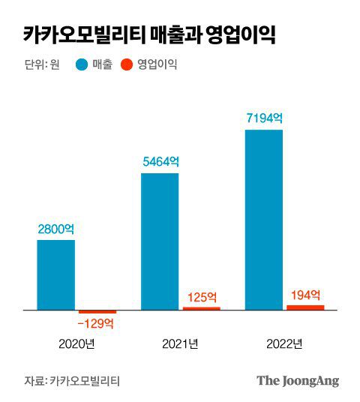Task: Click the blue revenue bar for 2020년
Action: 56,274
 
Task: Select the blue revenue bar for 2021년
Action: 160,241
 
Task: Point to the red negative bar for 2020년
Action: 97,311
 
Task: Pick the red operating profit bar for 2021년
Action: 202,307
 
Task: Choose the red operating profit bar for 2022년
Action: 306,307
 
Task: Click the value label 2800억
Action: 56,229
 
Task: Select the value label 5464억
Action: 160,161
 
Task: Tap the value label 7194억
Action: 264,118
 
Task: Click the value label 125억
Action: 202,296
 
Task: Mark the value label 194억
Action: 305,294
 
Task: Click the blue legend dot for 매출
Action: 82,64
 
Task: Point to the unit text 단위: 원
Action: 42,64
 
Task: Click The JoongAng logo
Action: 298,380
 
